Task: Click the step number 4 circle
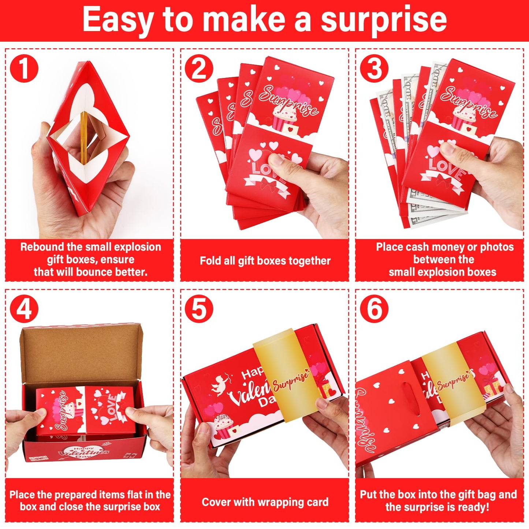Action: (x=24, y=309)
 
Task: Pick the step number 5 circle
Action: (x=199, y=309)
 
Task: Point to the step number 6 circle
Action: (x=374, y=309)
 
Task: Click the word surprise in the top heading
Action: (x=383, y=20)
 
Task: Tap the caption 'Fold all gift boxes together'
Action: (x=265, y=261)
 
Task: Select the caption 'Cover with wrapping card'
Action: (x=265, y=502)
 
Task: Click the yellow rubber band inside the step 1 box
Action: (x=84, y=137)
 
